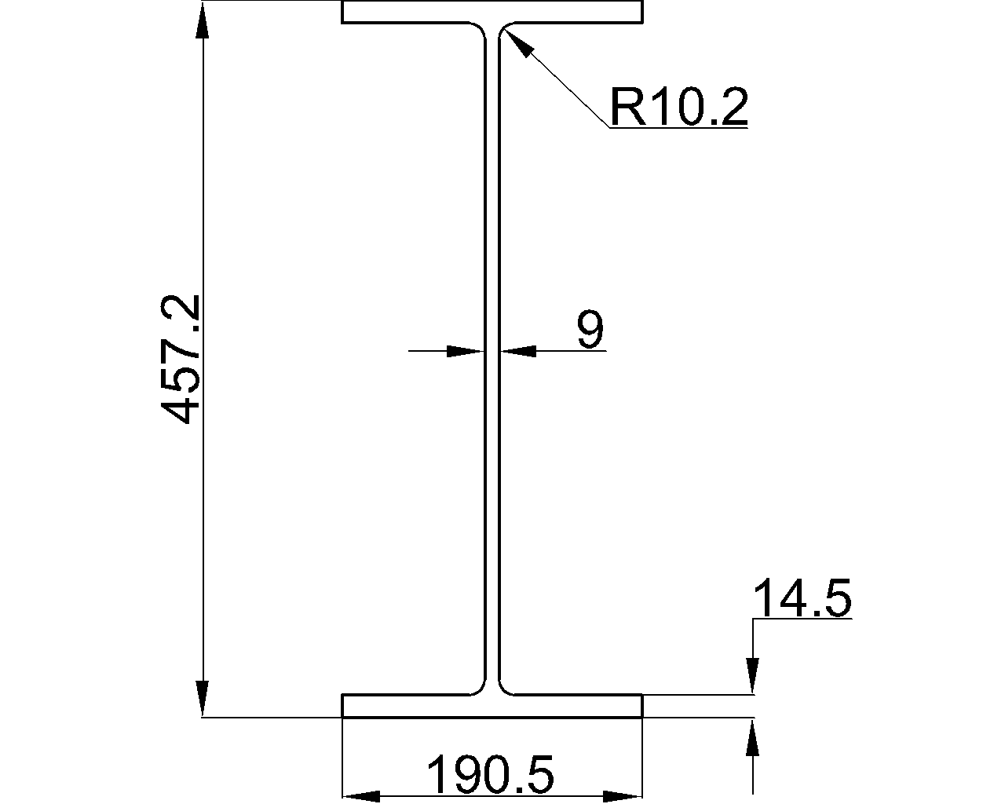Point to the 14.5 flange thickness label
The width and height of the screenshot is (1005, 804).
[802, 600]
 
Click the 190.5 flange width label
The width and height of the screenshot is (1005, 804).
[491, 775]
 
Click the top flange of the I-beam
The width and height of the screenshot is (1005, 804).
[492, 12]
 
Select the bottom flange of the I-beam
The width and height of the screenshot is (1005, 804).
[492, 706]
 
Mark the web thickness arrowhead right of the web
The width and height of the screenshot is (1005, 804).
[519, 351]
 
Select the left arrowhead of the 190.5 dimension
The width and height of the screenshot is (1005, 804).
[361, 796]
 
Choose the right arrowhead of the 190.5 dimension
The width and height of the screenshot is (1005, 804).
[623, 796]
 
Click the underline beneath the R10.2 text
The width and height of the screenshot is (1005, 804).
[678, 127]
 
